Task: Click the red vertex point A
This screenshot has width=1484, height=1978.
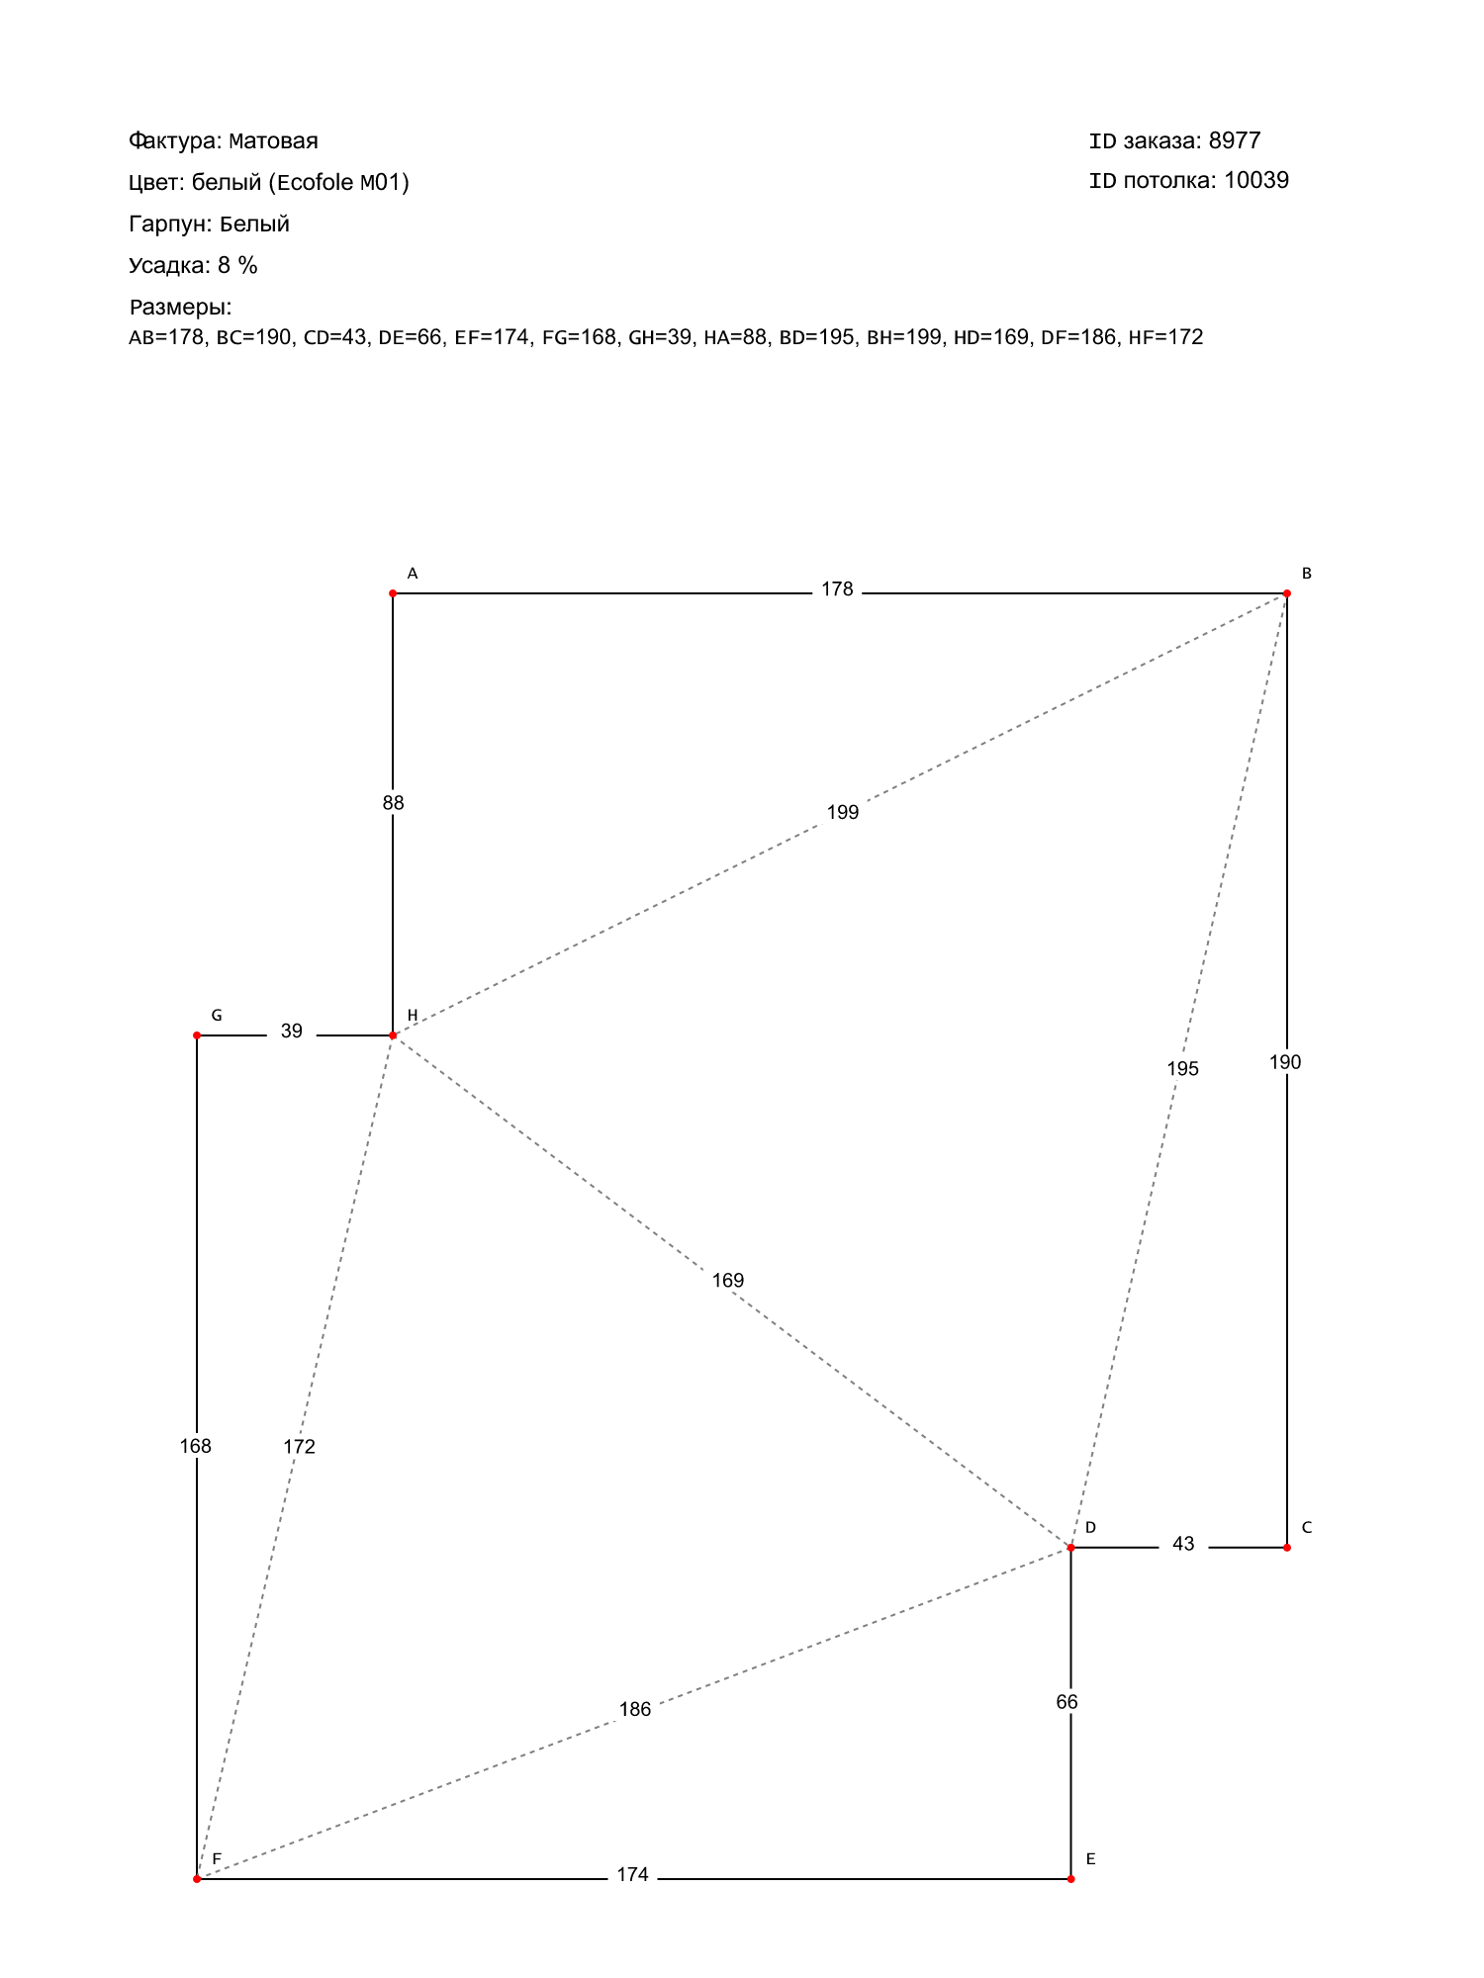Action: [393, 593]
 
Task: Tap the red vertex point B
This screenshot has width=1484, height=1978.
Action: [1286, 593]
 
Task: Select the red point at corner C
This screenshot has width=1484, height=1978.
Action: [1286, 1547]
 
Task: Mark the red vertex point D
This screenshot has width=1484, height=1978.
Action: [1070, 1547]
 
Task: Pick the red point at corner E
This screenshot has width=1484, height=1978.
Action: [1070, 1878]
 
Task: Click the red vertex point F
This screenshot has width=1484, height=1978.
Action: [197, 1878]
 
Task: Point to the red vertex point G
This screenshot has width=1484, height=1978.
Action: [197, 1035]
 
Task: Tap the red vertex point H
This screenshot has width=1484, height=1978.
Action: [393, 1035]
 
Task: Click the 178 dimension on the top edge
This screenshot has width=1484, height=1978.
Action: [837, 589]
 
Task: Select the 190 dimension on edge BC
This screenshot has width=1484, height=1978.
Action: [1285, 1062]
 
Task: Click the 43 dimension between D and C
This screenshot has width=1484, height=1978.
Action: [1183, 1544]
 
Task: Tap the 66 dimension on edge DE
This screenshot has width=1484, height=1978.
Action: [1067, 1702]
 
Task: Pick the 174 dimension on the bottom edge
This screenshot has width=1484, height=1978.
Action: [632, 1875]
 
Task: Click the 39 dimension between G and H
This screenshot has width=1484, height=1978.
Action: [291, 1032]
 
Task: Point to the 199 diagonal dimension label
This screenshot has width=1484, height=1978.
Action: [843, 813]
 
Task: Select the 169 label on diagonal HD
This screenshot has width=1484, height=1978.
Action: [727, 1281]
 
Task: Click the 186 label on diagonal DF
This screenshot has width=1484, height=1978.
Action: [635, 1710]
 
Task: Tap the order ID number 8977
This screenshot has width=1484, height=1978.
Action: [1235, 140]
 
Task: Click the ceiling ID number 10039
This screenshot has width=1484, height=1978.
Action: [1256, 180]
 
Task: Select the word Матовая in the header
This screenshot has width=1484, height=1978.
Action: [273, 140]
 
